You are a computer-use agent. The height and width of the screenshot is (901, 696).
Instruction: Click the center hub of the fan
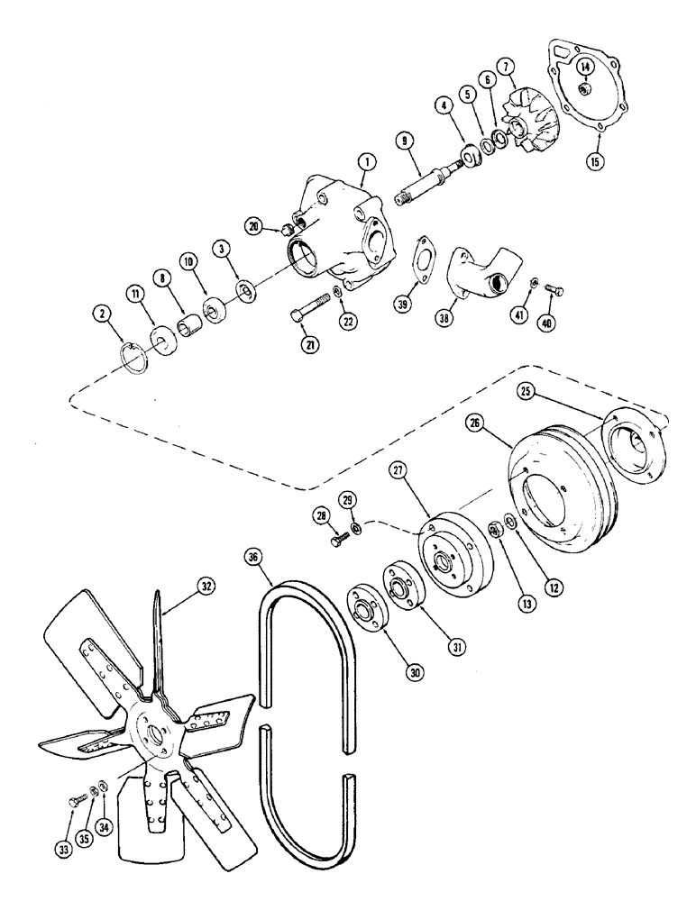(x=158, y=712)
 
